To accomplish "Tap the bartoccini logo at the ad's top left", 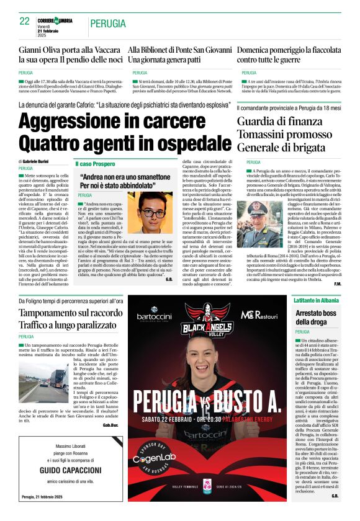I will (x=154, y=316).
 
